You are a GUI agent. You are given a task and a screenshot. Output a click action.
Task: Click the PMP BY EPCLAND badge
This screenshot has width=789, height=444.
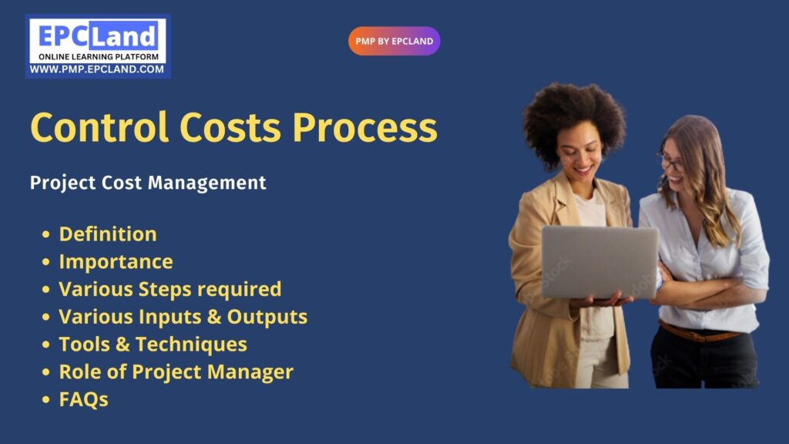[394, 42]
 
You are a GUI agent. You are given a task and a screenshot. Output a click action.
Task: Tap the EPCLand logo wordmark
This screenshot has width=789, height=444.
[98, 36]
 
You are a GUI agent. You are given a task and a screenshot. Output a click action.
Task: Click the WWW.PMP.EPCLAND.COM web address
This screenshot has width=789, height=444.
[96, 69]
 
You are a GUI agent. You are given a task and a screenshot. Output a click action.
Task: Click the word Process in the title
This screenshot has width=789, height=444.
[364, 127]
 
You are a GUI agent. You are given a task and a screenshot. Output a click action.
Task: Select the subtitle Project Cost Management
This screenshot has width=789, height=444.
[148, 183]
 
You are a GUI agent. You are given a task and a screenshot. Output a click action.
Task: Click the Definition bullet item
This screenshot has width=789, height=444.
[108, 234]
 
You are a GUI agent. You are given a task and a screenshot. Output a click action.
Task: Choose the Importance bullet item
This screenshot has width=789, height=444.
[116, 262]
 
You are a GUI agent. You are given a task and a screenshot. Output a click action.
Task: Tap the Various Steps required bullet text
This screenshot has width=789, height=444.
[170, 290]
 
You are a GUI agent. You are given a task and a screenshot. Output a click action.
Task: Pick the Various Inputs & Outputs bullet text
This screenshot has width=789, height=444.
[183, 317]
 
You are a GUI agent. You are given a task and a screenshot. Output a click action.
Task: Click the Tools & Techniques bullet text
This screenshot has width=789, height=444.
[153, 345]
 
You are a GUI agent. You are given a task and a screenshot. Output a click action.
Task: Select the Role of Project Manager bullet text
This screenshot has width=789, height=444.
[176, 372]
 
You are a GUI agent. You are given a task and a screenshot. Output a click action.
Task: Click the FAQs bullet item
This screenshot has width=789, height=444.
[83, 400]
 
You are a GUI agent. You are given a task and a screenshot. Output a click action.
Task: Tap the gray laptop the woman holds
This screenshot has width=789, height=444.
[599, 262]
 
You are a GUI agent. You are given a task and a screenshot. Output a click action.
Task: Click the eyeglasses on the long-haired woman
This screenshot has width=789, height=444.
[671, 162]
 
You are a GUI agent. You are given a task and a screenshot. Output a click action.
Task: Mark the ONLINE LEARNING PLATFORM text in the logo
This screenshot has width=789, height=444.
[99, 57]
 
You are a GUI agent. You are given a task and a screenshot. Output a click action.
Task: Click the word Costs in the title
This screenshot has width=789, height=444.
[230, 127]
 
